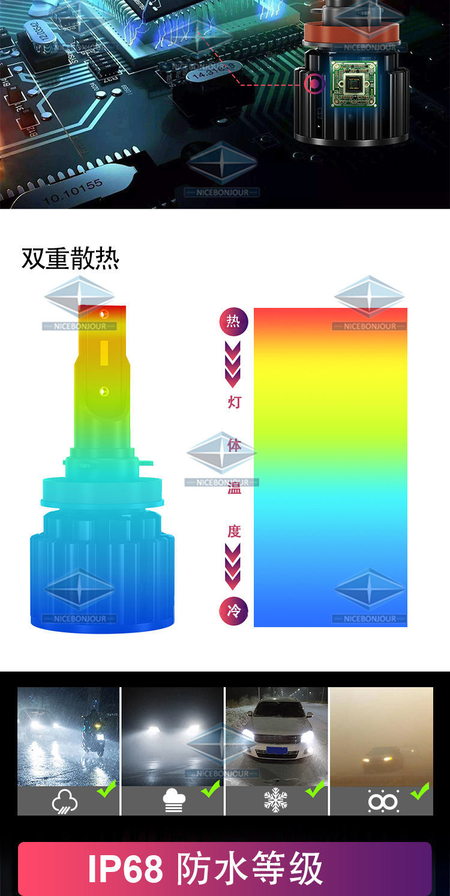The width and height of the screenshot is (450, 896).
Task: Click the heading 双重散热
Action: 71,259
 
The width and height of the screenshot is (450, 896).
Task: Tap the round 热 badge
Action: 233,322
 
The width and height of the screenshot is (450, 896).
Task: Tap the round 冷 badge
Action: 233,612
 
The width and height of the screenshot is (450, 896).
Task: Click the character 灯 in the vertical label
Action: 234,402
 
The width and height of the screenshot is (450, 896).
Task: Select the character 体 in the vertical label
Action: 234,445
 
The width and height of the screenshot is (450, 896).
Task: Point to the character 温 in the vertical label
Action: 234,488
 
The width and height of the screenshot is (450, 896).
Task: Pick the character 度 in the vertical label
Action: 234,531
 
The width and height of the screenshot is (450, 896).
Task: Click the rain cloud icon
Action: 65,801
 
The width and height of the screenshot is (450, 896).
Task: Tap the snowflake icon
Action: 275,801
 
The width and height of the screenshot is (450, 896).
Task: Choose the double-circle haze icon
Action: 383,801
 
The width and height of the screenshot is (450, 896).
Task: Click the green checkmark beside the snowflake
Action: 315,789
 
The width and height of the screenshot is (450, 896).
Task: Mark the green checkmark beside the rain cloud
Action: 107,789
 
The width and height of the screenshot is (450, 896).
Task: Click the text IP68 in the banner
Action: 125,868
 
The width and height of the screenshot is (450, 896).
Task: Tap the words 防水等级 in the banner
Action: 250,868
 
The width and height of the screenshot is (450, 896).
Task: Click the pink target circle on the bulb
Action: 314,83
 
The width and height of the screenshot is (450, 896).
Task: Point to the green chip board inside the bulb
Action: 354,84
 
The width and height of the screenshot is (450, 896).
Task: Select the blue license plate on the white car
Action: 277,750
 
